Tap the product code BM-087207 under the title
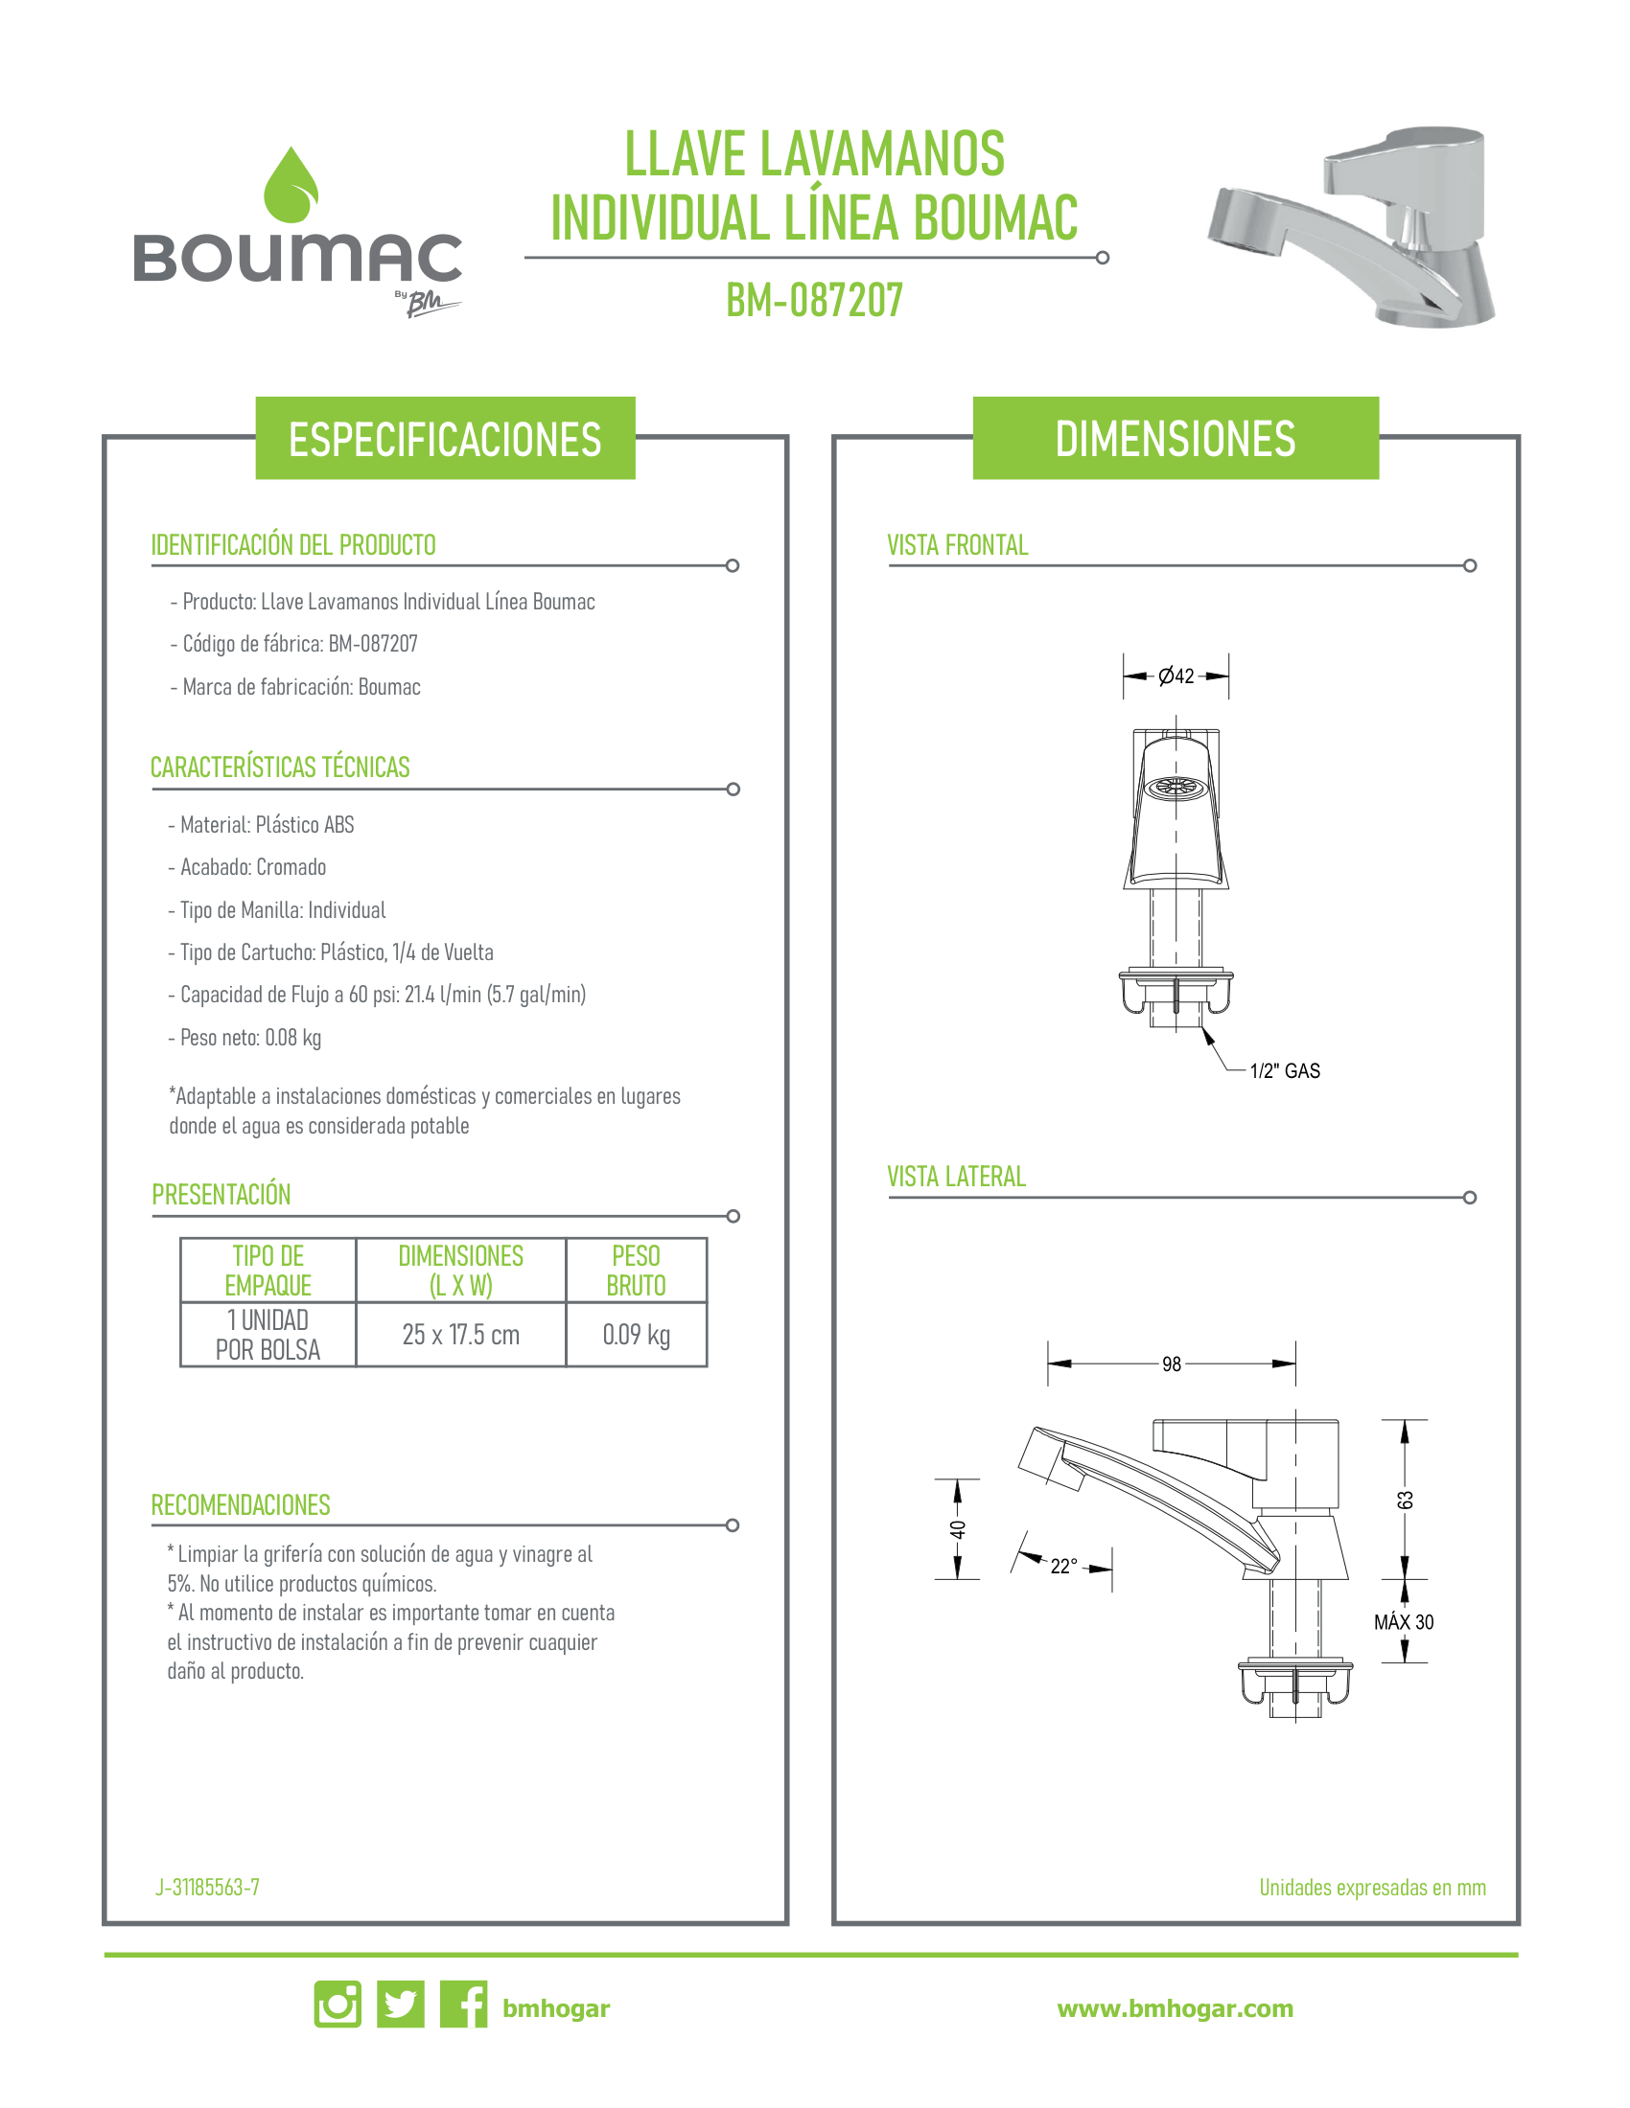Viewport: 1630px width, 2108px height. (x=814, y=300)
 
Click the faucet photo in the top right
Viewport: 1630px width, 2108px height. (x=1351, y=227)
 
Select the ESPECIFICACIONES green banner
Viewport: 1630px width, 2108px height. (x=445, y=438)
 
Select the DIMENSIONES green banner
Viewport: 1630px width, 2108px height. (x=1176, y=438)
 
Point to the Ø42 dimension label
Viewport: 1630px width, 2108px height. (x=1176, y=676)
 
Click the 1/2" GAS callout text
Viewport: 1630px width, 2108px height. (x=1284, y=1070)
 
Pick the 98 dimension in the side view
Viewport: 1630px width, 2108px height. (x=1172, y=1363)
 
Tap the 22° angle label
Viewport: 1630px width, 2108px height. (x=1063, y=1566)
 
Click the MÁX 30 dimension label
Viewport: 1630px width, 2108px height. (x=1403, y=1622)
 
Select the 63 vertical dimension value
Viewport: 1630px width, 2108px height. (x=1405, y=1500)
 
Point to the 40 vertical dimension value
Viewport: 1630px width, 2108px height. (x=957, y=1530)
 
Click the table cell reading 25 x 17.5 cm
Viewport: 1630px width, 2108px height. (x=460, y=1335)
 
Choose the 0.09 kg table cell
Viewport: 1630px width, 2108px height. (x=637, y=1335)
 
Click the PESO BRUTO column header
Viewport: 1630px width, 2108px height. (x=637, y=1271)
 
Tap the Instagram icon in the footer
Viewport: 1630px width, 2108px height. (x=338, y=2005)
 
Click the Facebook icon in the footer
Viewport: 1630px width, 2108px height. (x=463, y=2005)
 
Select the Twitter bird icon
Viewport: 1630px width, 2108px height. (x=401, y=2005)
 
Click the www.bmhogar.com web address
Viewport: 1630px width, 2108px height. (x=1176, y=2008)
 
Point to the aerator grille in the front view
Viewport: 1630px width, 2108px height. (x=1176, y=788)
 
